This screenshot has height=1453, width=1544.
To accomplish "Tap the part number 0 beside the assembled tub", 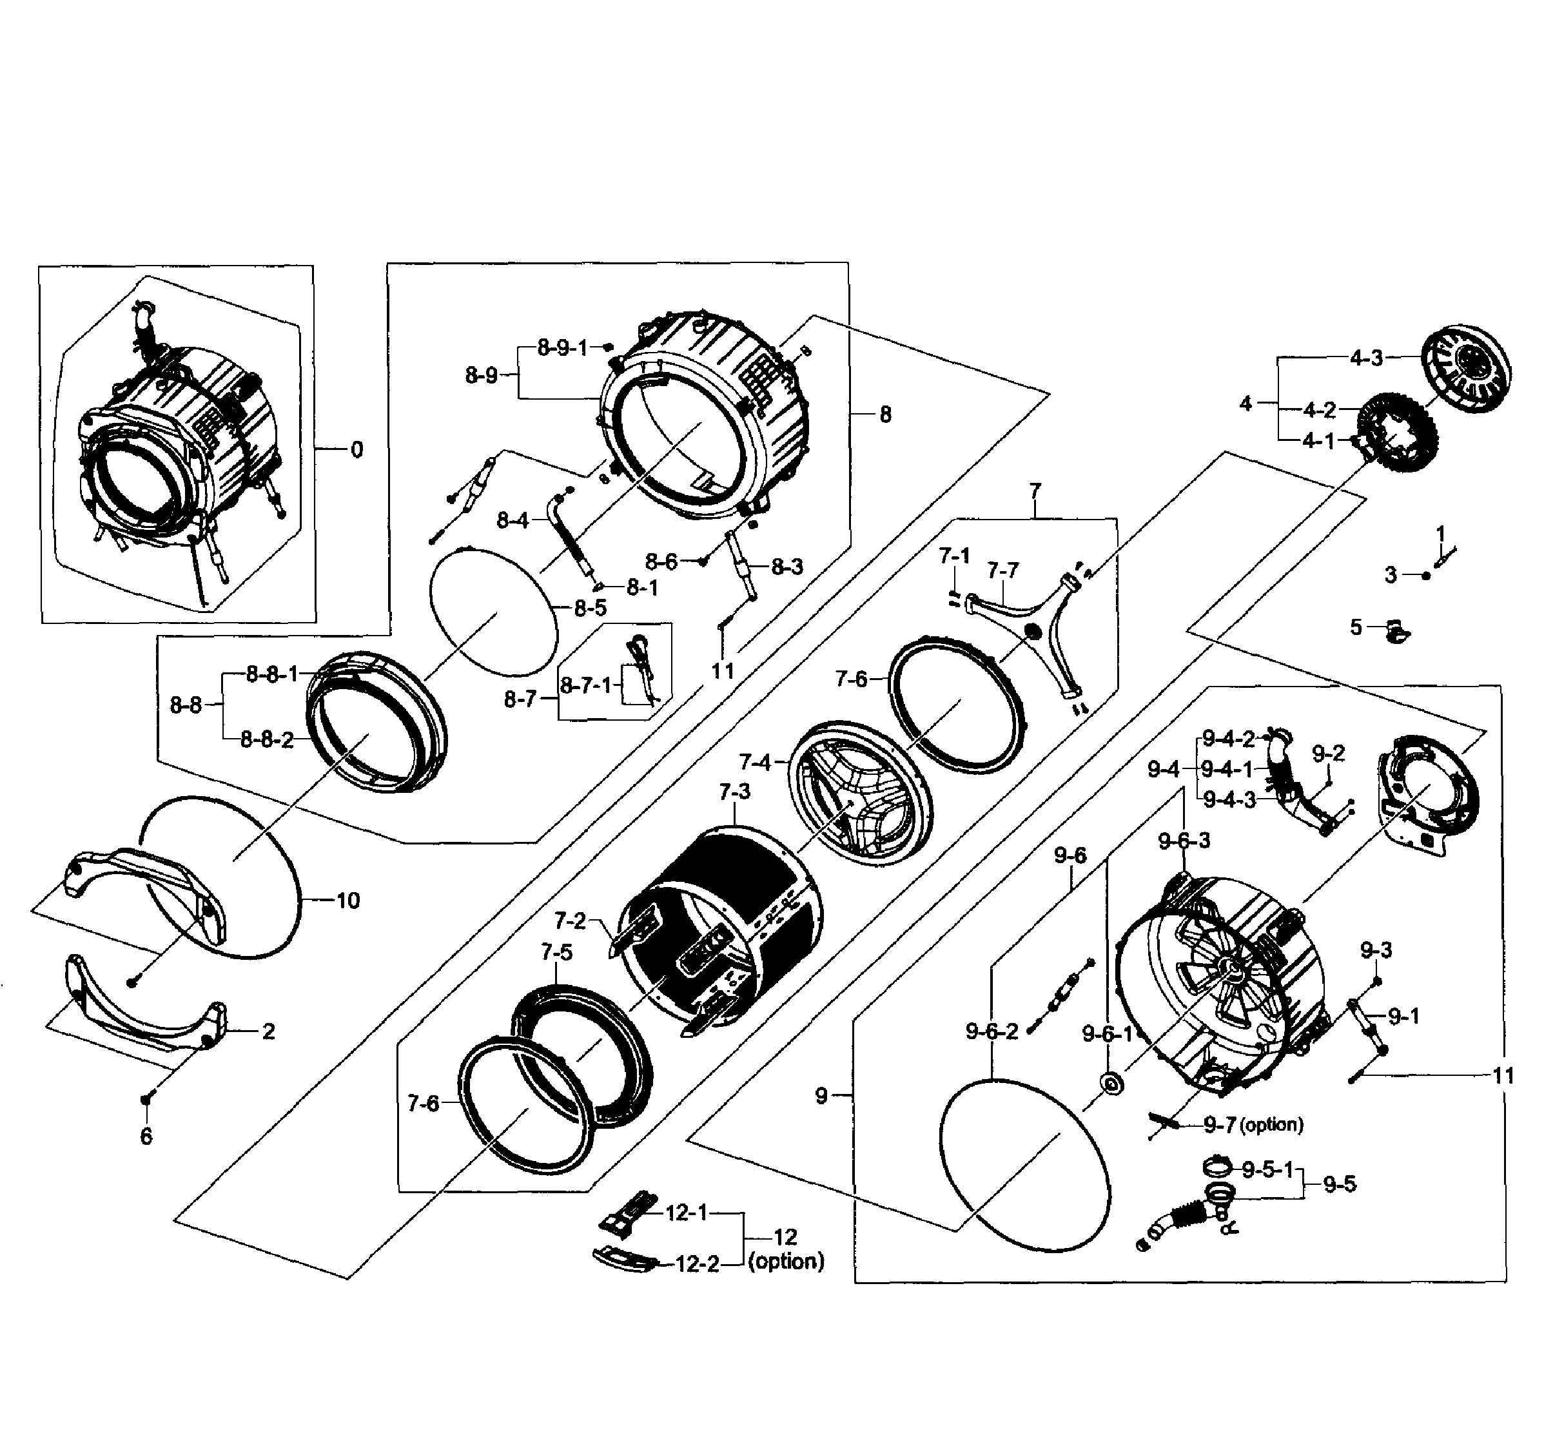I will coord(357,450).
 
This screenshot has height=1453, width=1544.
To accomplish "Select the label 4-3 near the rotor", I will coord(1366,358).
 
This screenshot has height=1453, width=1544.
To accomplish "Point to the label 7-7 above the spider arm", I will coord(1002,570).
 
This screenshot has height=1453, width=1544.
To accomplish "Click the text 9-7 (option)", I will coord(1253,1124).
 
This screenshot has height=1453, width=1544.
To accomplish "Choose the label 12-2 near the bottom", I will coord(697,1264).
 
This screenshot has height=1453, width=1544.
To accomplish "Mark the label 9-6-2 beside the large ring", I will coord(991,1031).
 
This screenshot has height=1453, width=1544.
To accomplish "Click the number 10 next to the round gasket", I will coord(347,900).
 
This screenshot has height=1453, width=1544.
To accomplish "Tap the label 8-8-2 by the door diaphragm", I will coord(267,739).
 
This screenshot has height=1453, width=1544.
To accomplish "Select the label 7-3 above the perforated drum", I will coord(734,792).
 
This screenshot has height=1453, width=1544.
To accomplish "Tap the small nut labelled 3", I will coord(1426,576).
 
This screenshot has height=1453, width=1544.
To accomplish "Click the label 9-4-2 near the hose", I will coord(1228,739).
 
